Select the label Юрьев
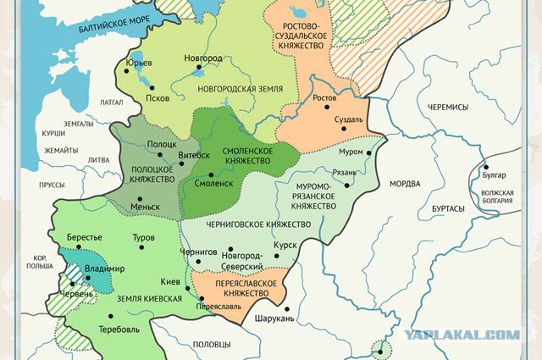point(137,63)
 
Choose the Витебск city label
point(194,155)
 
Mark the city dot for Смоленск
point(188,181)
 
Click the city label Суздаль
point(348,119)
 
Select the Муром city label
point(350,152)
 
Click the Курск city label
point(285,245)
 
